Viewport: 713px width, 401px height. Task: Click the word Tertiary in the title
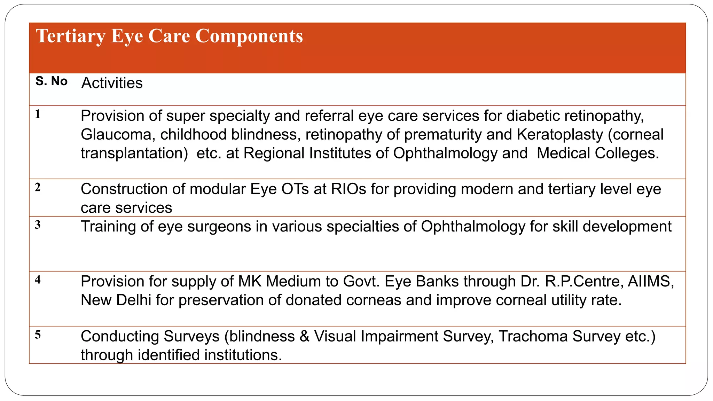pos(70,36)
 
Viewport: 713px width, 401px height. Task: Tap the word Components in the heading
pos(249,36)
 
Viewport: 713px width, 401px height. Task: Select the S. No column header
pos(52,81)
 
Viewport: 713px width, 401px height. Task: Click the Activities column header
pos(112,83)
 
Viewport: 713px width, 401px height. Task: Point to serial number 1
pos(38,114)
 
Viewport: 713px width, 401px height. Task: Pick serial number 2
pos(38,188)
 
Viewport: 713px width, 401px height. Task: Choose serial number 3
pos(38,225)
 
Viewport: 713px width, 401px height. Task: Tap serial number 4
pos(38,280)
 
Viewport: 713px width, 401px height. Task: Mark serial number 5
pos(38,335)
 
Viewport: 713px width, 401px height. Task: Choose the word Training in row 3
pos(108,227)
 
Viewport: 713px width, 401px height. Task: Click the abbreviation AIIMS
pos(651,282)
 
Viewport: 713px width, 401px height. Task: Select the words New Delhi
pos(116,300)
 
